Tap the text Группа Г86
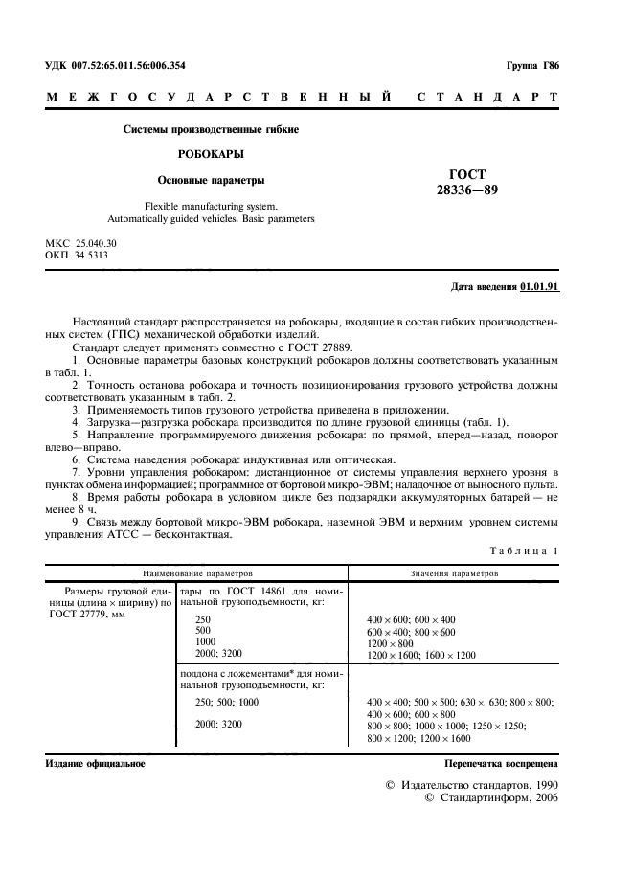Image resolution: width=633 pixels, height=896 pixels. click(x=531, y=65)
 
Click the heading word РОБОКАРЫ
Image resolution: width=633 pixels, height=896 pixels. click(x=210, y=153)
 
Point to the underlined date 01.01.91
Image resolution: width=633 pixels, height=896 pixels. click(x=540, y=287)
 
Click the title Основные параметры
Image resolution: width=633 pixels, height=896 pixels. click(x=211, y=179)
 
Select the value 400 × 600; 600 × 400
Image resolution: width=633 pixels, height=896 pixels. click(x=411, y=619)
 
